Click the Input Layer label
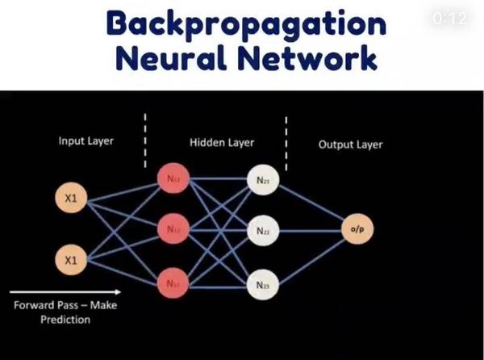86,142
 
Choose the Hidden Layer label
222,143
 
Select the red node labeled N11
171,178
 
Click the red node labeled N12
171,229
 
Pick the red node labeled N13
171,283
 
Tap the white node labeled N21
263,182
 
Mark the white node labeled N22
263,231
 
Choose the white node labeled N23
263,285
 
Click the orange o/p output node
356,229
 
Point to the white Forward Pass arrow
65,291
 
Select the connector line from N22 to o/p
309,230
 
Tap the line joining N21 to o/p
309,205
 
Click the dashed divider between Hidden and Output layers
286,133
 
